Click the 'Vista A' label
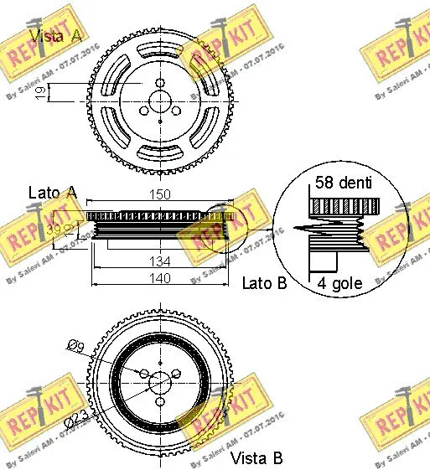coord(57,34)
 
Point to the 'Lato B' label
coord(263,283)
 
